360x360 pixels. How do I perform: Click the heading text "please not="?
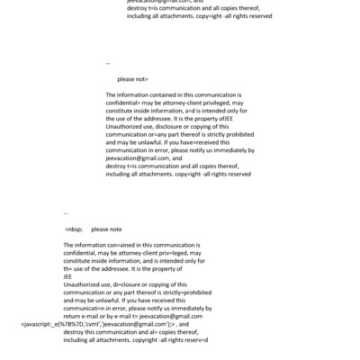(132, 79)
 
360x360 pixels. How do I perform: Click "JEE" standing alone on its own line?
(69, 277)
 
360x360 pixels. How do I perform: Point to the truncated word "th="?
(68, 269)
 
